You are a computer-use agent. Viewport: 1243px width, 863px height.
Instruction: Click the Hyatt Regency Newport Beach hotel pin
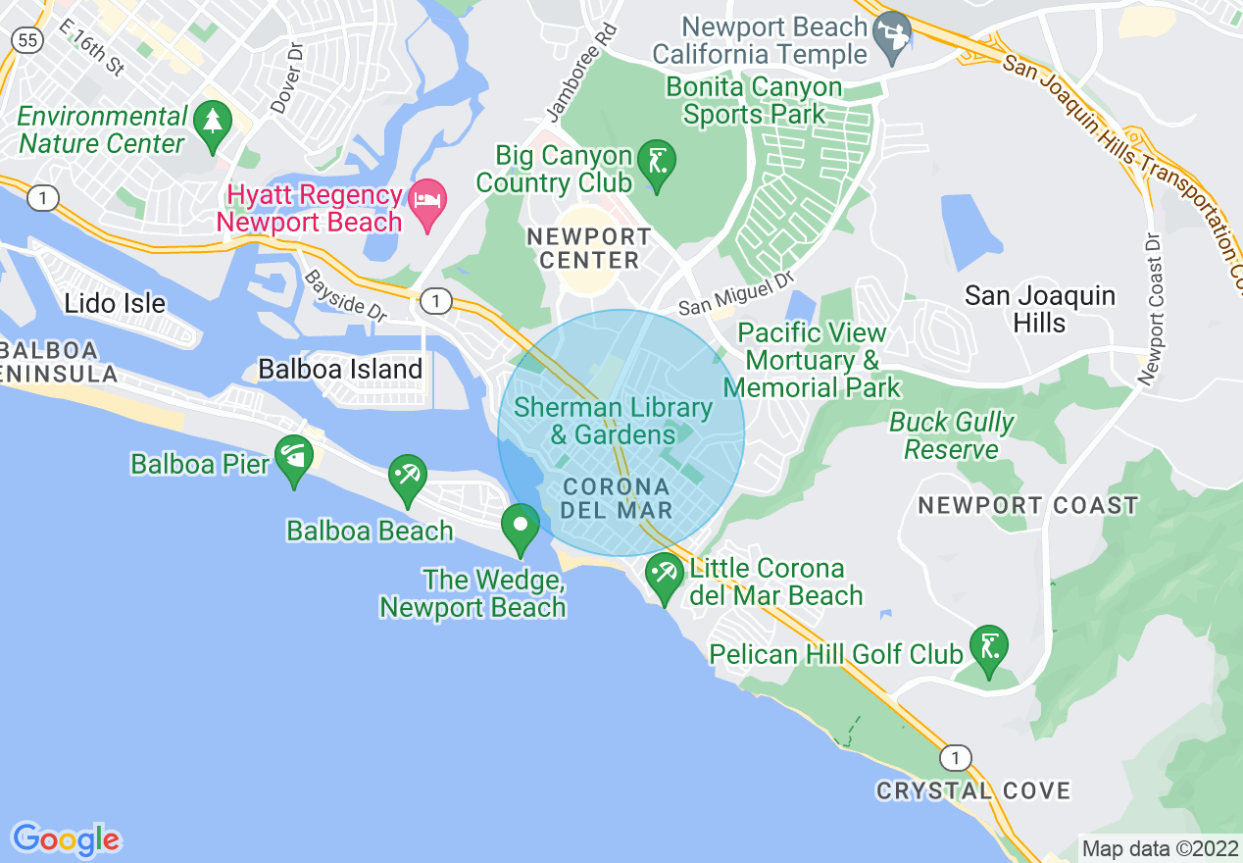point(427,201)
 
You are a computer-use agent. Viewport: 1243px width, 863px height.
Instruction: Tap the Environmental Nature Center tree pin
point(212,125)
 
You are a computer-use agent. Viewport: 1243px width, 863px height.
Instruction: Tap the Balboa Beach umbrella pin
point(407,477)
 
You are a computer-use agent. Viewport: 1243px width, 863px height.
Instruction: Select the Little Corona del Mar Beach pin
point(665,575)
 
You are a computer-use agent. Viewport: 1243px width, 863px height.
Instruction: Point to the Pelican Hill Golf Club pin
point(988,648)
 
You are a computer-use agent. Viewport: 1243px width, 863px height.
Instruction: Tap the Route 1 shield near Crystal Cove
point(956,757)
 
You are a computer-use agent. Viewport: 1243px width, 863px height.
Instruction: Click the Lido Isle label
point(115,304)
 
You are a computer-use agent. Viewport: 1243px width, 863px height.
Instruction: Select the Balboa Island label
point(340,370)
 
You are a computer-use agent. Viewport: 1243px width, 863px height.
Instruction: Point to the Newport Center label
point(588,249)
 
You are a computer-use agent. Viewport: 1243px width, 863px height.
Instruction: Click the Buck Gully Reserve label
point(951,436)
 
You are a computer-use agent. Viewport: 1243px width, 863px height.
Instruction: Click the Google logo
point(66,838)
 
